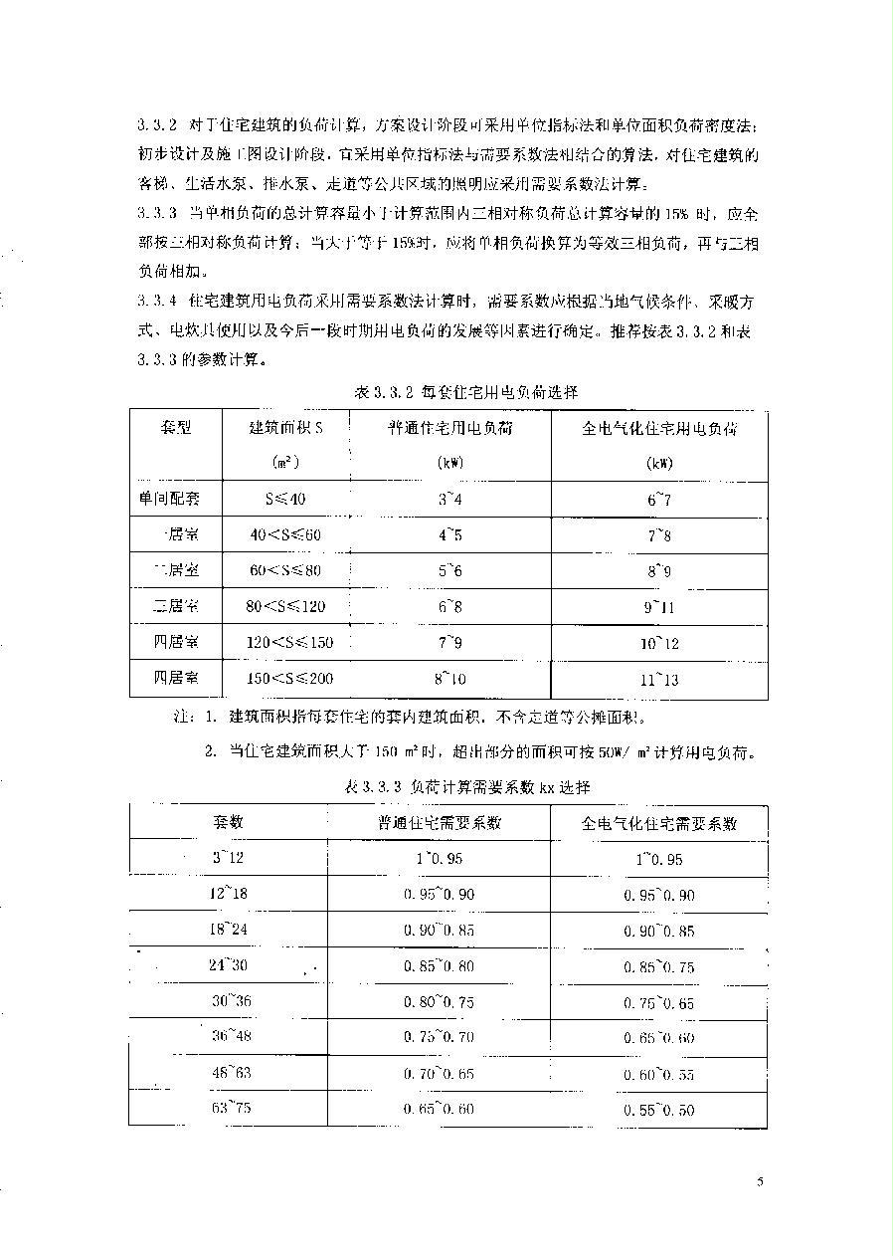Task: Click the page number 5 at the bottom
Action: tap(759, 1181)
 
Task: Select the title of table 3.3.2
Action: tap(465, 392)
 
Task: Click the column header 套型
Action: tap(176, 428)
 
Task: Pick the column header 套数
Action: tap(228, 822)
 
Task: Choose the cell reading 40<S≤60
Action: tap(286, 534)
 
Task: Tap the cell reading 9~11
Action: tap(658, 607)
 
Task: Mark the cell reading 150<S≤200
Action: tap(290, 679)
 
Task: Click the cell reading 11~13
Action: tap(658, 680)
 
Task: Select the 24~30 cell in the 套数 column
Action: tap(229, 965)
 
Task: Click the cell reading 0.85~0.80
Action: tap(439, 965)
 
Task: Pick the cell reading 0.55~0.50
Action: tap(658, 1111)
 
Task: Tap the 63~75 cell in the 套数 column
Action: tap(229, 1109)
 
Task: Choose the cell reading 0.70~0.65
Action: tap(439, 1074)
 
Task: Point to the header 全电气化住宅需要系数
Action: tap(658, 823)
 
